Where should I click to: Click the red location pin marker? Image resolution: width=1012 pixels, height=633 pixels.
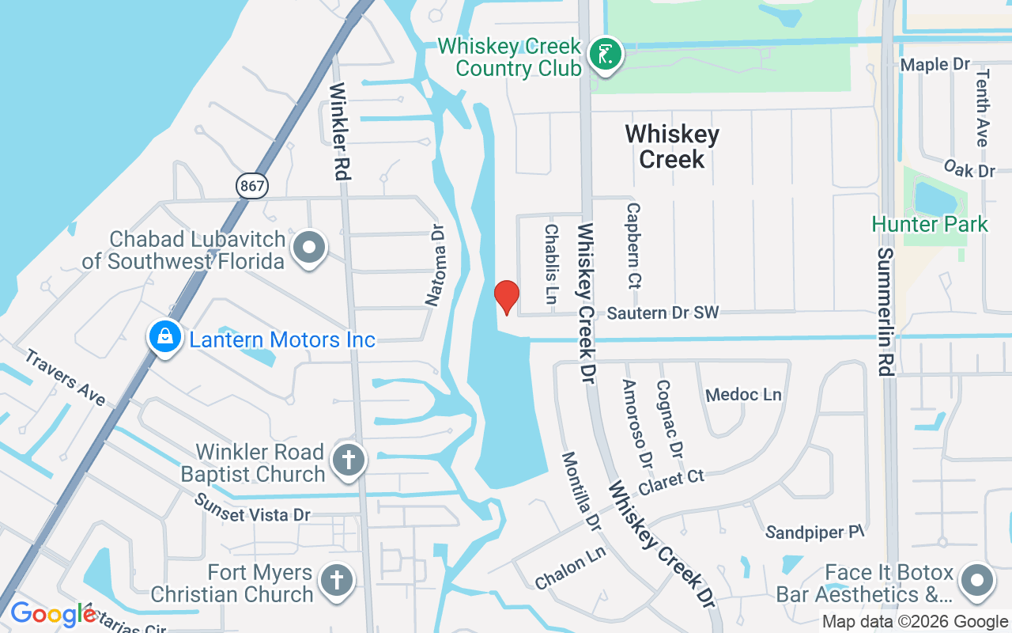coord(506,296)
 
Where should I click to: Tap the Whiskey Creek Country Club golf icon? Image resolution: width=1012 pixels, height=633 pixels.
coord(605,55)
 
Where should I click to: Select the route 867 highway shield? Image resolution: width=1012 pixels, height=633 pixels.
coord(251,186)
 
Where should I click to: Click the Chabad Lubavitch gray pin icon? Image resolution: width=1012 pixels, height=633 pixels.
coord(309,248)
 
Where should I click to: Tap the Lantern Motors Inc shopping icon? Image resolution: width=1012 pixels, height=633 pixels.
coord(164,337)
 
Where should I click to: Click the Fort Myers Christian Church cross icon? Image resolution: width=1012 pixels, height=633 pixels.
coord(336,581)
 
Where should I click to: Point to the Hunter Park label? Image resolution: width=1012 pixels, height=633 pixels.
coord(930,224)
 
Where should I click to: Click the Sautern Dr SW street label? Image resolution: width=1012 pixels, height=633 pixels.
coord(663,313)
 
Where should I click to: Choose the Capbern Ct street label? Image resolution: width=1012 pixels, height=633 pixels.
coord(633,245)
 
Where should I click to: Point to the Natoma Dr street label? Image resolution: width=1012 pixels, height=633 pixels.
coord(436,264)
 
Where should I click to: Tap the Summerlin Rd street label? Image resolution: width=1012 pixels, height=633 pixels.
coord(885,312)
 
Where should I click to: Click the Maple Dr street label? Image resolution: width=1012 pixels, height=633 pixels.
coord(935,64)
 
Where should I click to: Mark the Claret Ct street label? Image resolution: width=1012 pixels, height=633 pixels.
coord(671,481)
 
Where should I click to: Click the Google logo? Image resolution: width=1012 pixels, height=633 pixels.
coord(53,614)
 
